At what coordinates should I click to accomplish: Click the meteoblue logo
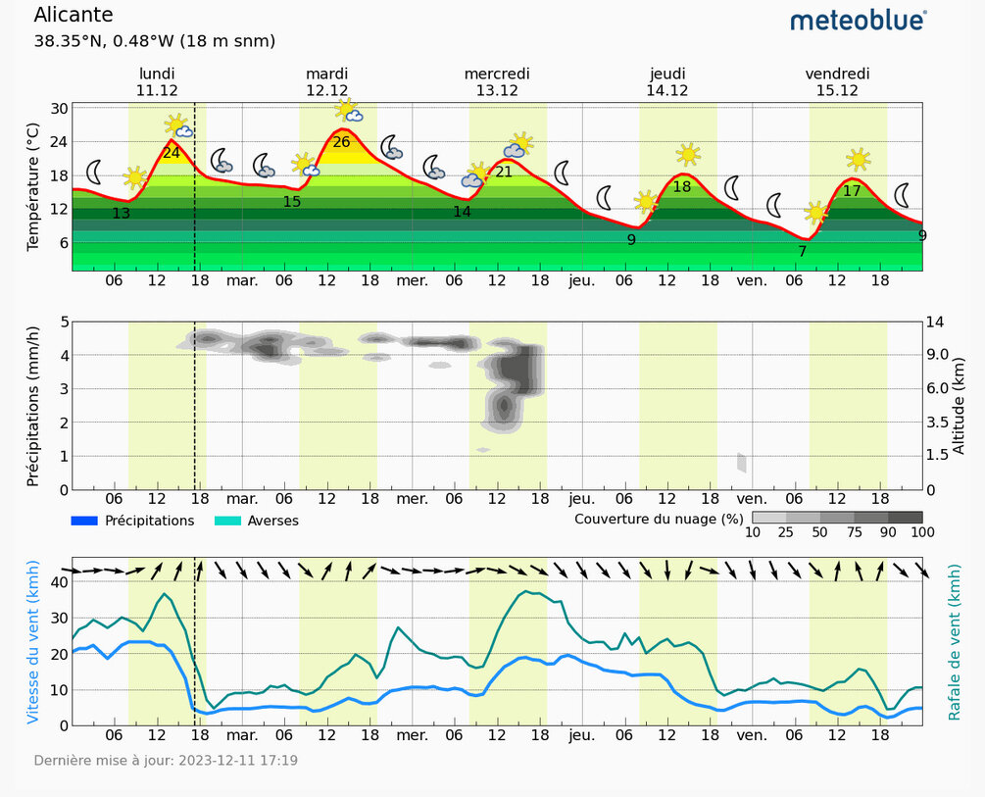tap(858, 21)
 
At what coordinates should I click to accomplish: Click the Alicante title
tap(74, 16)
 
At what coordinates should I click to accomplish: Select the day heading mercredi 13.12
tap(497, 81)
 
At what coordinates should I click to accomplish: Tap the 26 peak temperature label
tap(341, 142)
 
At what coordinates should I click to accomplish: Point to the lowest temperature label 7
tap(802, 252)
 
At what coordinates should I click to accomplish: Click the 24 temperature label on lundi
tap(171, 153)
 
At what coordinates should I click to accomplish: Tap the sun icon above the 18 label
tap(688, 154)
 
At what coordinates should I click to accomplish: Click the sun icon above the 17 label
tap(859, 159)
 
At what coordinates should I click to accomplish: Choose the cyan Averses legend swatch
tap(228, 521)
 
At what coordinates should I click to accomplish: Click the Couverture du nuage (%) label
tap(659, 518)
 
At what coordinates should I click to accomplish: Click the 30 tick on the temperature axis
tap(59, 108)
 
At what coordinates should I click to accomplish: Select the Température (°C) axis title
tap(32, 186)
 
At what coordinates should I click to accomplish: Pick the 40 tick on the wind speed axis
tap(59, 581)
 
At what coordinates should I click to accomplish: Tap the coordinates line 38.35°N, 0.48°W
tap(154, 41)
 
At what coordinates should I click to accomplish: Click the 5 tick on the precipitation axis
tap(64, 322)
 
